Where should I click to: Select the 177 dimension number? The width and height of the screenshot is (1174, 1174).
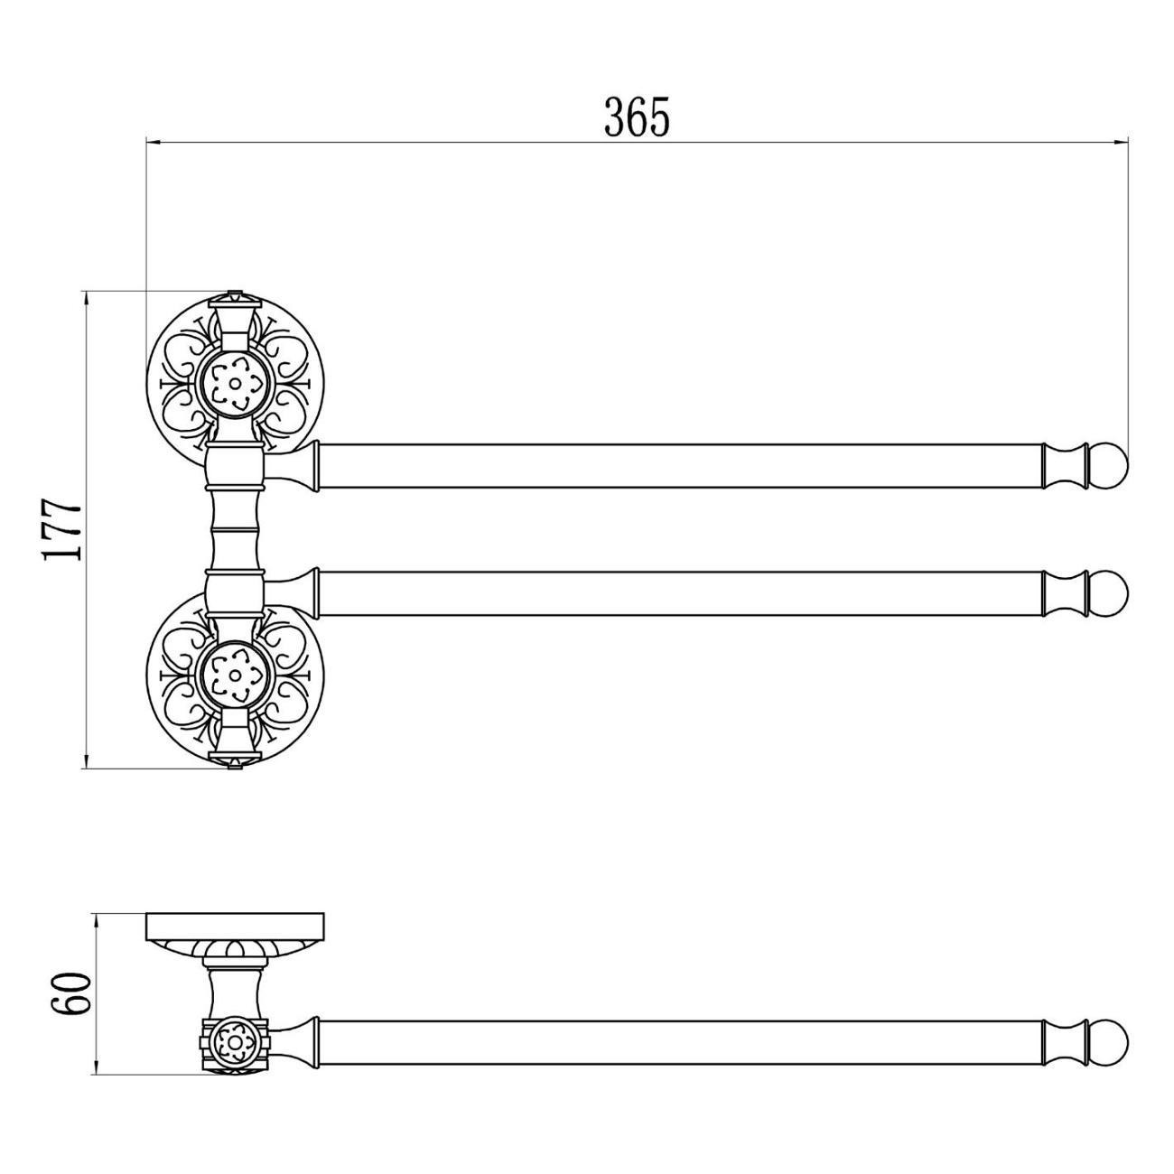pyautogui.click(x=62, y=530)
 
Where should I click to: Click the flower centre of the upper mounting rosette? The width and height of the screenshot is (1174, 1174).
pyautogui.click(x=235, y=384)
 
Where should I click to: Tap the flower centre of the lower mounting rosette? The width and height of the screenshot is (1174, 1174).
pyautogui.click(x=235, y=675)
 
